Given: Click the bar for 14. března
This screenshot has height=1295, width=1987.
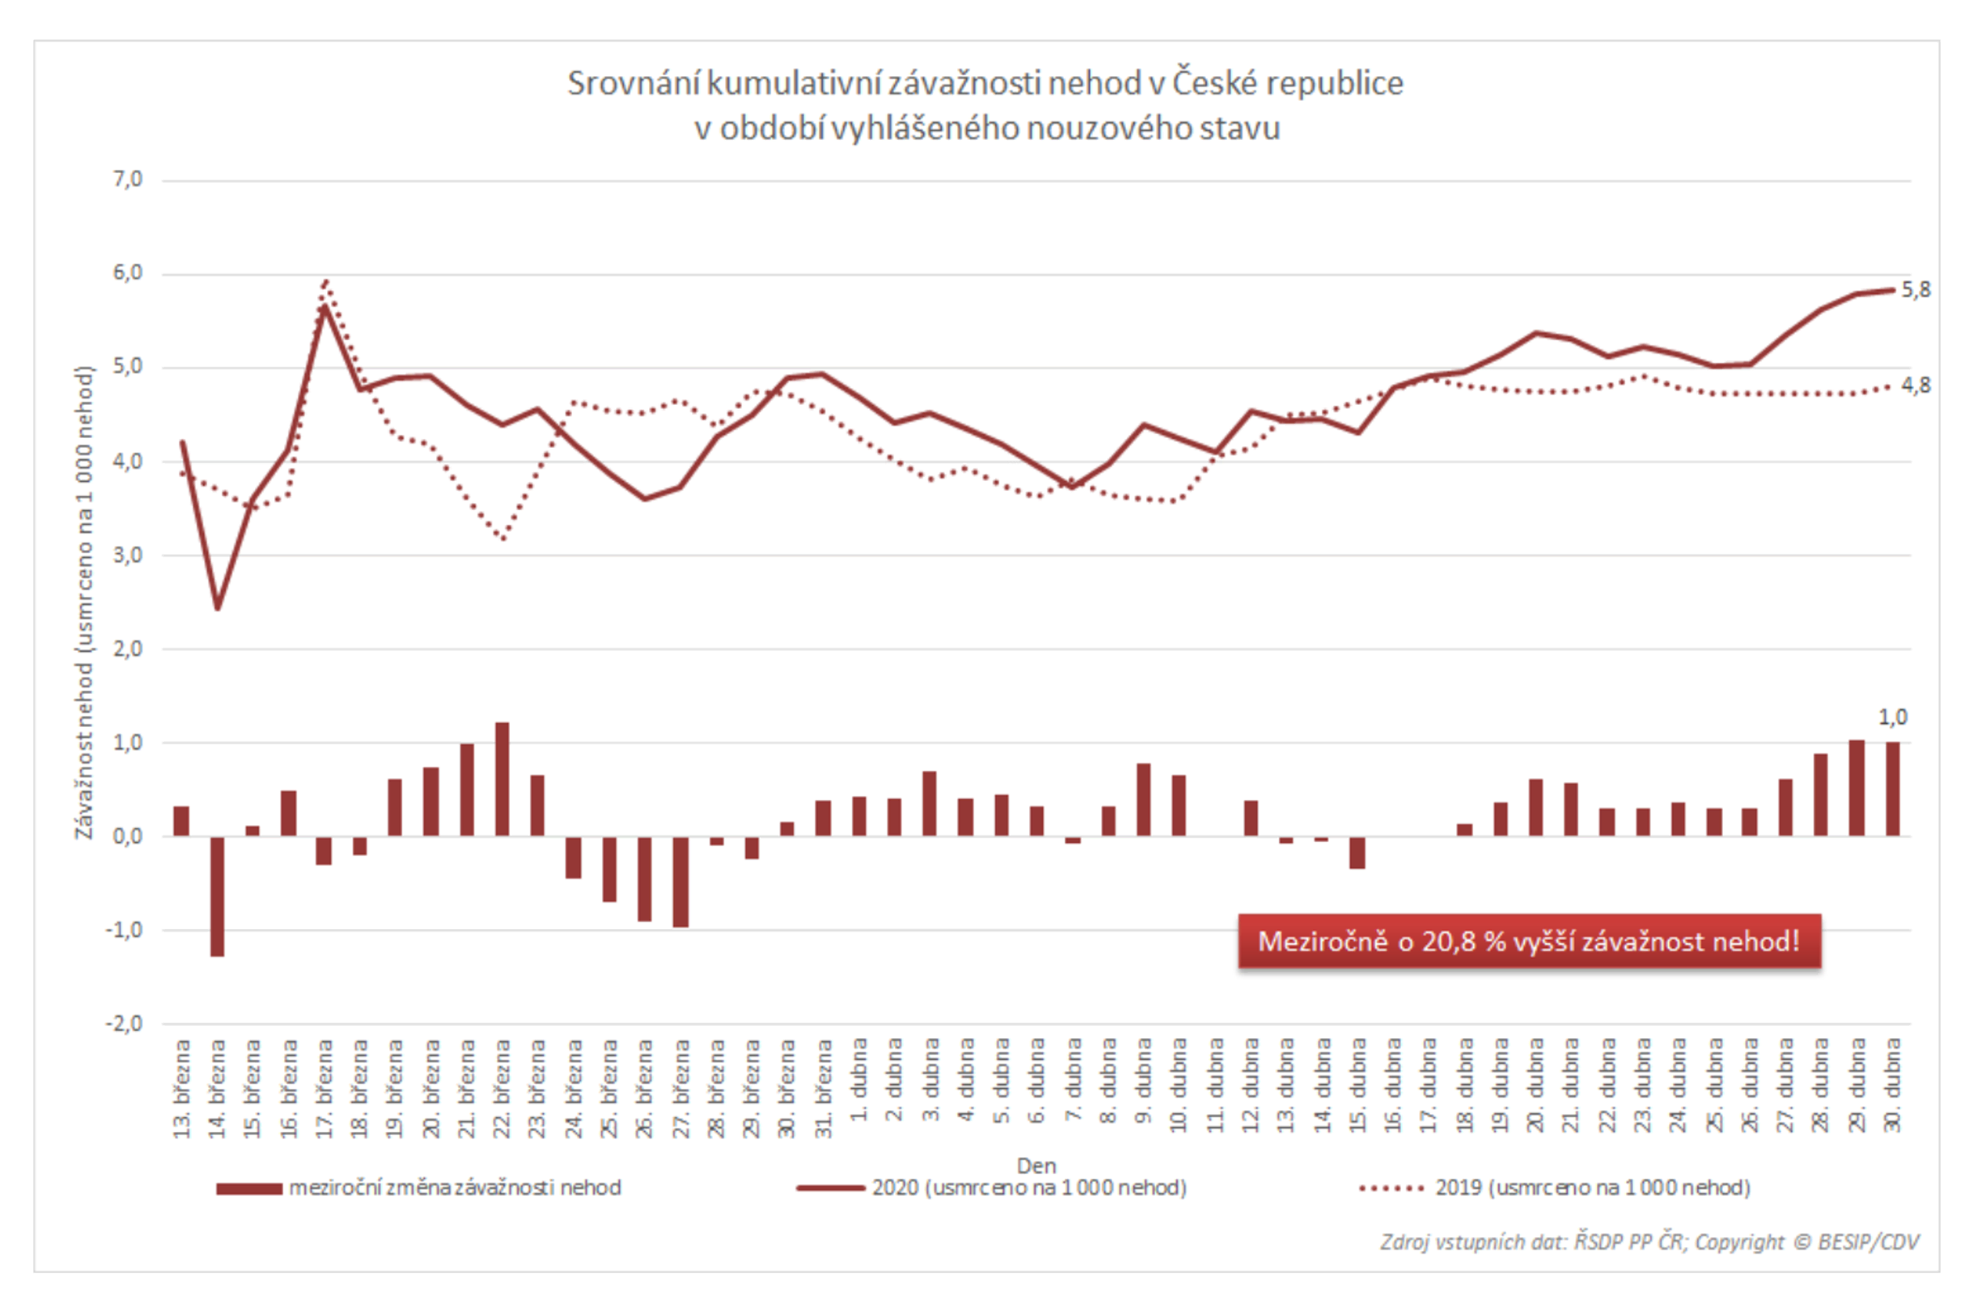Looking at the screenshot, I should point(217,895).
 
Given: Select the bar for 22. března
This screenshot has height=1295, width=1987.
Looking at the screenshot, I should point(502,778).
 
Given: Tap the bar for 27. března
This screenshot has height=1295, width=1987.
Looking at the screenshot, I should point(681,881).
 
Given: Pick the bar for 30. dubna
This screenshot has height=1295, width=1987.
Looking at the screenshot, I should point(1892,788).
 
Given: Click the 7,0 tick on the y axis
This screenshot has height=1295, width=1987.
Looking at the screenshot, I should point(127,180).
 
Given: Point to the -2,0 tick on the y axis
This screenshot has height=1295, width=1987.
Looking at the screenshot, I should point(124,1023).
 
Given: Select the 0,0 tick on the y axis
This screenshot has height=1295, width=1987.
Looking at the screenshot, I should point(127,835).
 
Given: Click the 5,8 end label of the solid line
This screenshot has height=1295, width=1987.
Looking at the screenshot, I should point(1915,290).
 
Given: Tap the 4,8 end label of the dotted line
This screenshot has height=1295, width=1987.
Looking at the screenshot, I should point(1915,385).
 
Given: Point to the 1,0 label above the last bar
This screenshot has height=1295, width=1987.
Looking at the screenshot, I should point(1892,716).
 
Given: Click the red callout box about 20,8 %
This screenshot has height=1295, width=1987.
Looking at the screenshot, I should point(1528,941).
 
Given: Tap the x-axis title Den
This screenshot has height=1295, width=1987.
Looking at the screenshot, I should point(1036,1166).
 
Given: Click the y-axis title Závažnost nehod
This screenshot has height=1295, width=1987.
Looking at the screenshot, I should point(84,601).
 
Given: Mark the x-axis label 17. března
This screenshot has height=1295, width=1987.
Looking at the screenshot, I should point(324,1087).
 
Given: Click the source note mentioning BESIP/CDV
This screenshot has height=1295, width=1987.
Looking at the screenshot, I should point(1649,1241).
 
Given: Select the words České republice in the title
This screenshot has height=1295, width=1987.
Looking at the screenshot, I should point(1287,84).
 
